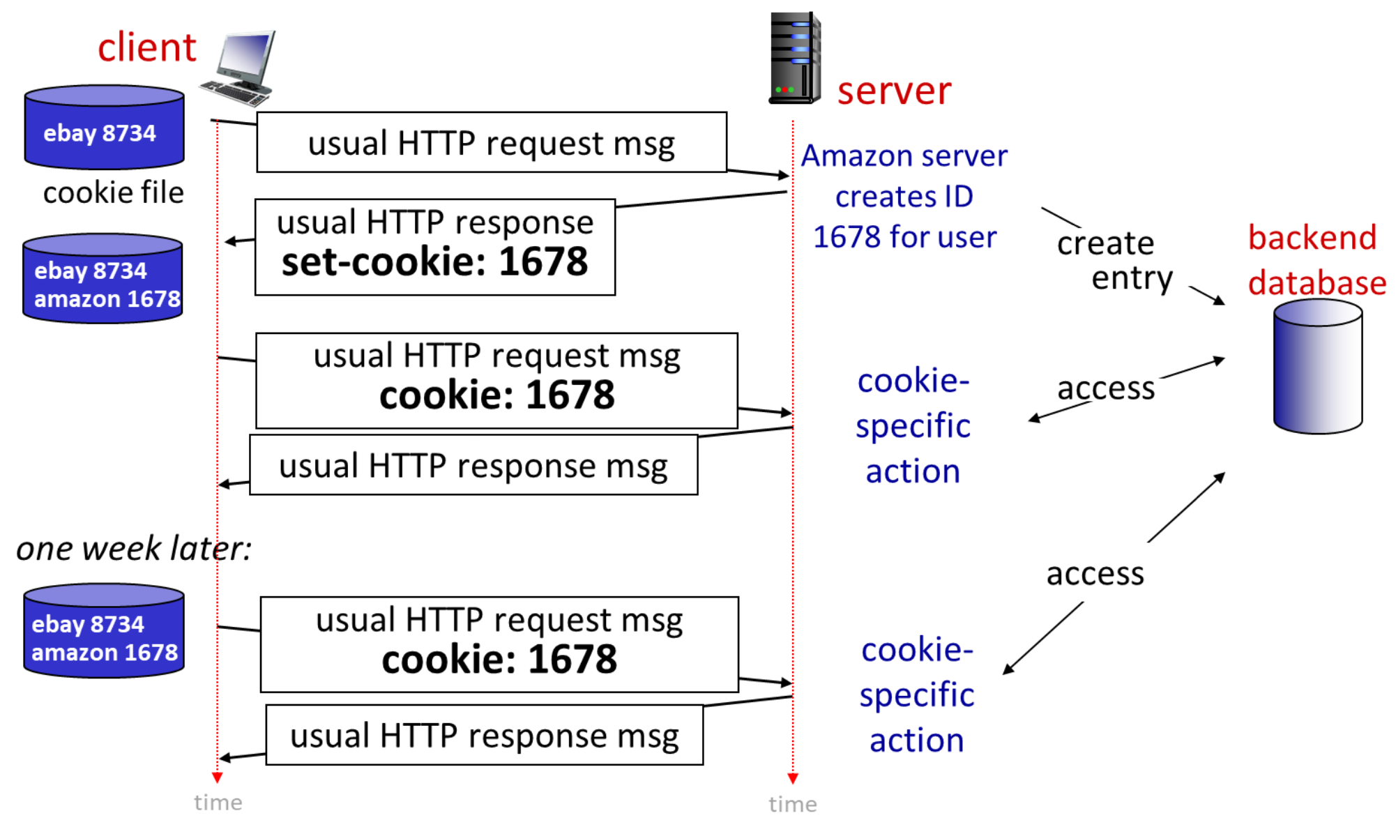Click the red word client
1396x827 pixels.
pos(146,47)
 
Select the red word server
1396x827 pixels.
pos(894,91)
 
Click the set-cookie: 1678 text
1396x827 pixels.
pos(434,262)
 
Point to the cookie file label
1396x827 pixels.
pos(113,192)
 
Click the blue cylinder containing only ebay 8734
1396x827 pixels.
pos(104,128)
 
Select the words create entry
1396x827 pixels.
pos(1114,260)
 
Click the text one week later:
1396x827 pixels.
pos(133,548)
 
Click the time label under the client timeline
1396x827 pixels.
pos(218,803)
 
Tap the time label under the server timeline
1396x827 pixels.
pos(792,804)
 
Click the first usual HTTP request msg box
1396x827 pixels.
pos(491,142)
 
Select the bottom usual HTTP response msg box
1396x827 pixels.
pos(484,735)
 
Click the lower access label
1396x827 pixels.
pos(1095,573)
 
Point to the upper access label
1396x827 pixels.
pos(1105,388)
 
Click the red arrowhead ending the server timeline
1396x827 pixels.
pos(792,778)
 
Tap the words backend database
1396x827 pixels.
pos(1315,260)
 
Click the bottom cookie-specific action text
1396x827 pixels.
pos(916,695)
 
